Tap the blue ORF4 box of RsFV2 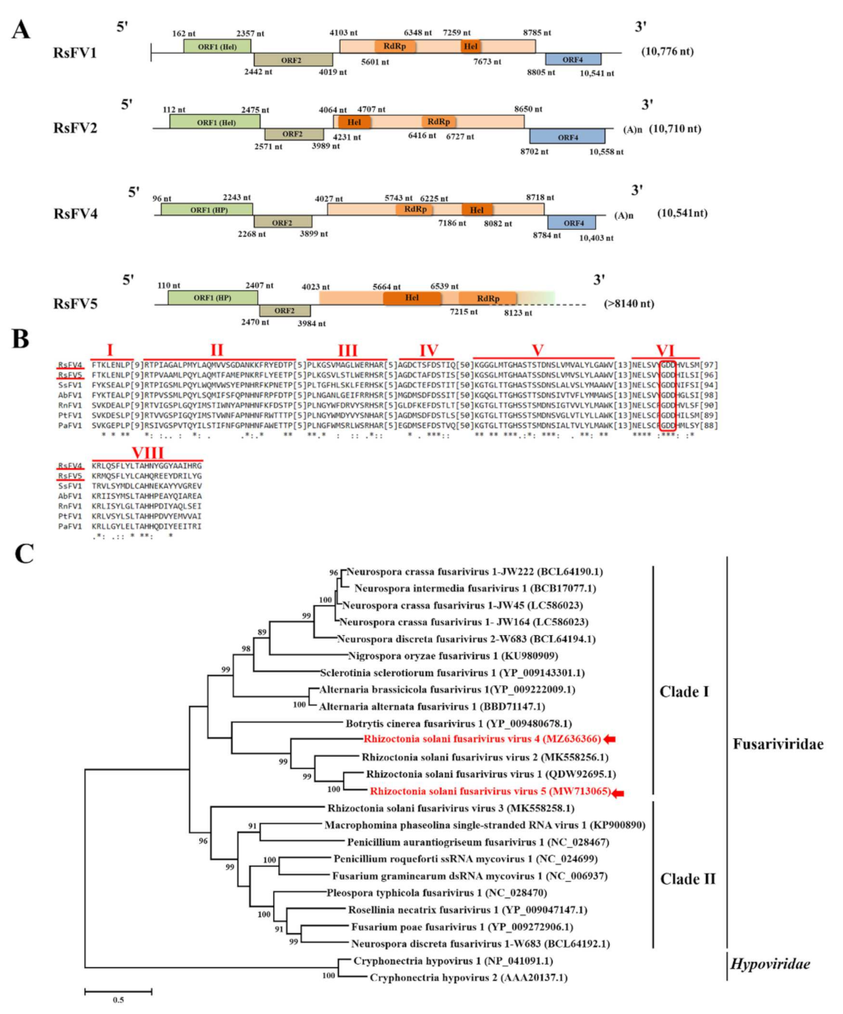click(567, 135)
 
